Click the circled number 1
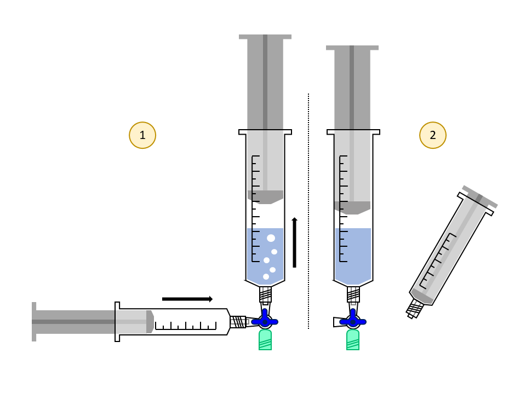pyautogui.click(x=142, y=135)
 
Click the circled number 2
pyautogui.click(x=433, y=135)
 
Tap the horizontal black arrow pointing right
pyautogui.click(x=187, y=299)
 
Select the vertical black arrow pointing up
pyautogui.click(x=295, y=242)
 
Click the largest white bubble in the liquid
pyautogui.click(x=271, y=238)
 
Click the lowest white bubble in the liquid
pyautogui.click(x=266, y=277)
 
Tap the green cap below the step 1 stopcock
pyautogui.click(x=265, y=340)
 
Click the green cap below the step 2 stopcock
pyautogui.click(x=353, y=340)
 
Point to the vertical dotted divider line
pyautogui.click(x=308, y=211)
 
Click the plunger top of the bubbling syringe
pyautogui.click(x=265, y=37)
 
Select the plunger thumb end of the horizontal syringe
pyautogui.click(x=34, y=322)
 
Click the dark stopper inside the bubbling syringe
pyautogui.click(x=265, y=197)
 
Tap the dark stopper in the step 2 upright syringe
pyautogui.click(x=352, y=208)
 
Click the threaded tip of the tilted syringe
pyautogui.click(x=414, y=309)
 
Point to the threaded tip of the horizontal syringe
pyautogui.click(x=238, y=322)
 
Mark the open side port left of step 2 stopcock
pyautogui.click(x=336, y=322)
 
